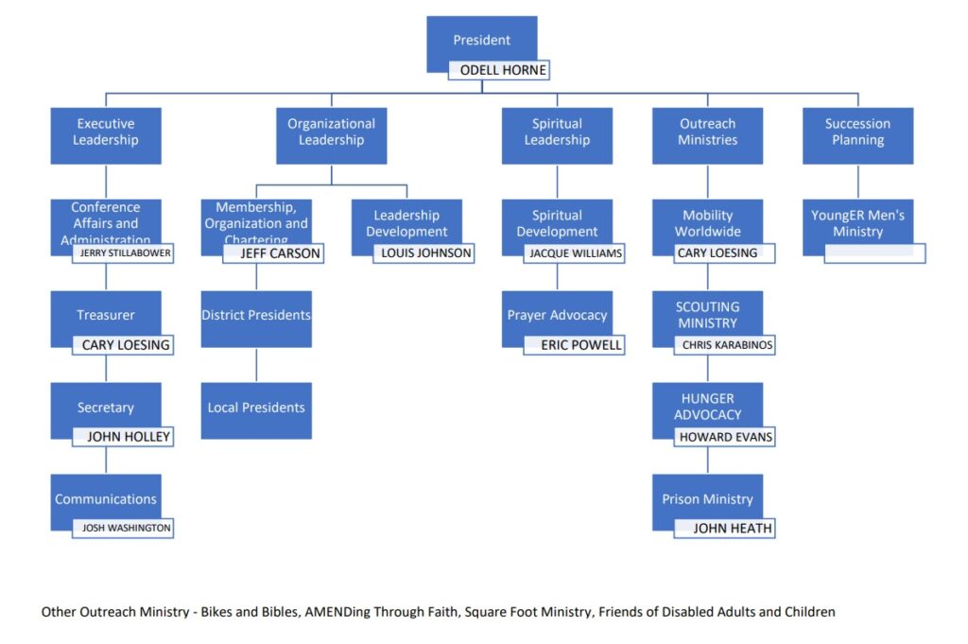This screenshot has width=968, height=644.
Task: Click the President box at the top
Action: point(481,40)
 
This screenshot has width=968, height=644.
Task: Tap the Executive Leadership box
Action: point(106,132)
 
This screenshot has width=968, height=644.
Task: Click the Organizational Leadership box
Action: point(331,132)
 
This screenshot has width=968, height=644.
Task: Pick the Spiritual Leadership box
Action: point(557,132)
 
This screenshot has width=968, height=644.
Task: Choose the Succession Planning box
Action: point(857,132)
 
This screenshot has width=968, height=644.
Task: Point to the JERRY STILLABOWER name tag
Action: point(123,253)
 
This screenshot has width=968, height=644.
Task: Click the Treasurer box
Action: point(106,315)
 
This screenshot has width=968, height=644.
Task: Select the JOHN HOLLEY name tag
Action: point(123,437)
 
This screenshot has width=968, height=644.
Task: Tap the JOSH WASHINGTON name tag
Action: point(123,528)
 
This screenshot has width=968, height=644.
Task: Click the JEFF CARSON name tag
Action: point(274,253)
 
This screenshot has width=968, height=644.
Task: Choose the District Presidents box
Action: point(256,316)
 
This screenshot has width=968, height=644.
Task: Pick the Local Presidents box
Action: point(256,409)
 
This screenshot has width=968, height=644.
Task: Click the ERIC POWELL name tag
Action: point(575,345)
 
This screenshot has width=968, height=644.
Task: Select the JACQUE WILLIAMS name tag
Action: point(575,253)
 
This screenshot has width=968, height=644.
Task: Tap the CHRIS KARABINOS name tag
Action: point(725,345)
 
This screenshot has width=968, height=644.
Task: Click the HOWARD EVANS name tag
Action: point(725,437)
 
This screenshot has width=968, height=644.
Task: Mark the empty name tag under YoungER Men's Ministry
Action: point(874,253)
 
